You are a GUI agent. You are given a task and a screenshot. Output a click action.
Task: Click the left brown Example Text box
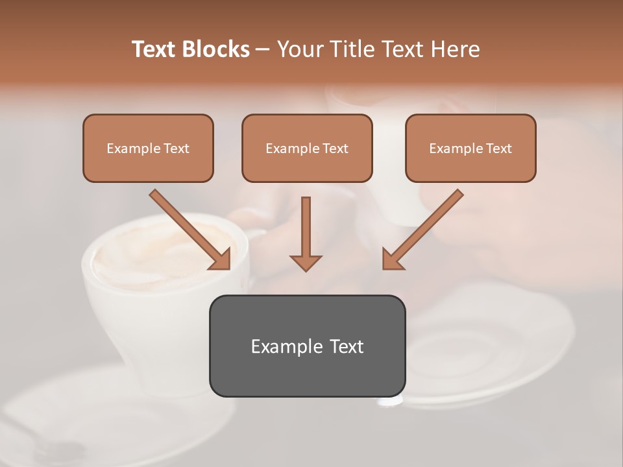pyautogui.click(x=148, y=148)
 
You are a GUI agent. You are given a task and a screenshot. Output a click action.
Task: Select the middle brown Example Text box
pyautogui.click(x=307, y=148)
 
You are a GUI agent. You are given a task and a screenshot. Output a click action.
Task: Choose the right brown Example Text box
pyautogui.click(x=470, y=148)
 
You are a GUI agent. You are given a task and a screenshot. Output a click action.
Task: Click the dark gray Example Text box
pyautogui.click(x=307, y=346)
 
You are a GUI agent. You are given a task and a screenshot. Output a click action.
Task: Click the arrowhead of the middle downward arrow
pyautogui.click(x=306, y=262)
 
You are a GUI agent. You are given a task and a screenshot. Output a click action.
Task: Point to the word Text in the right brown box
pyautogui.click(x=498, y=148)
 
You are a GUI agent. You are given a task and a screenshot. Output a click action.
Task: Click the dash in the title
pyautogui.click(x=263, y=49)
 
